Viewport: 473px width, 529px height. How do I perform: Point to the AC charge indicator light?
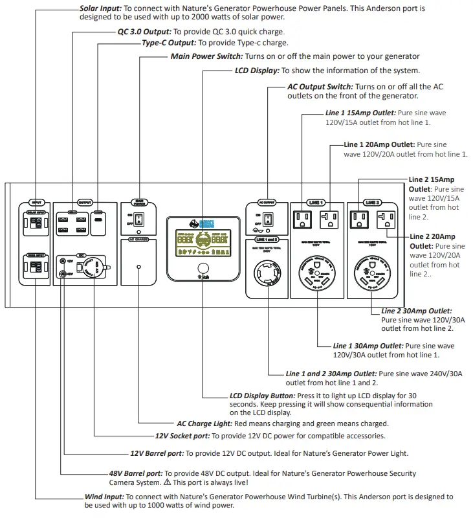pyautogui.click(x=140, y=266)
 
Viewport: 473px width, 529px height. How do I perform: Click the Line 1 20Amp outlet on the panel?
pyautogui.click(x=329, y=220)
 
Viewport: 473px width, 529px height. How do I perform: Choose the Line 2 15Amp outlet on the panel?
pyautogui.click(x=360, y=220)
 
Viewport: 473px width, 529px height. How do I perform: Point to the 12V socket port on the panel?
pyautogui.click(x=95, y=266)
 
